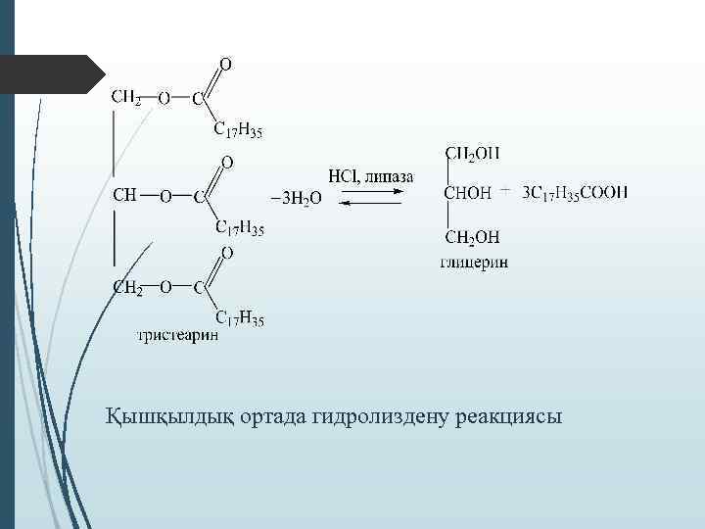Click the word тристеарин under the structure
(178, 336)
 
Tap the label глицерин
(474, 264)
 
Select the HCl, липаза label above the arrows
(370, 176)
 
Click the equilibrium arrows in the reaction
(370, 197)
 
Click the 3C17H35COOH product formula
(576, 193)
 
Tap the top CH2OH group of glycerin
(473, 153)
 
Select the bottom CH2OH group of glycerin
(473, 237)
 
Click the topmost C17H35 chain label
(239, 130)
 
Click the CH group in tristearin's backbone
(124, 195)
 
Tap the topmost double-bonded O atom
(225, 66)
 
